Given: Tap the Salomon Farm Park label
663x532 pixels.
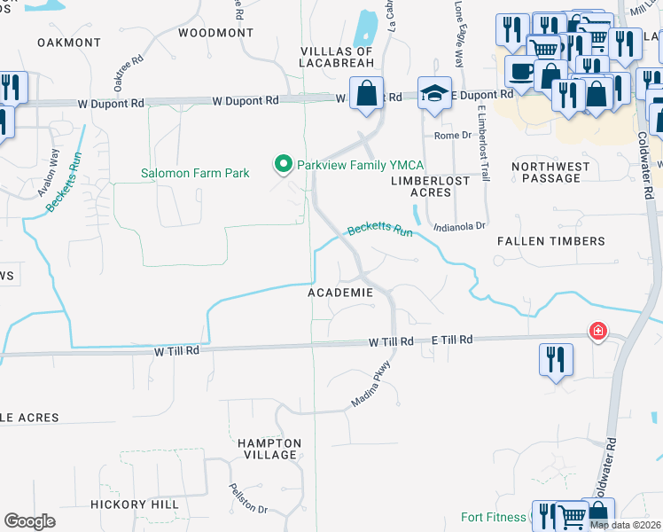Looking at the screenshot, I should point(195,173).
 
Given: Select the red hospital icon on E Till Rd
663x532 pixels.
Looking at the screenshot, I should point(598,331).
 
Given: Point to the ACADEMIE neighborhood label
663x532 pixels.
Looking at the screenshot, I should point(340,292).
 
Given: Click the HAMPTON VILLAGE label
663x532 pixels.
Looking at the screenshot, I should point(269,449).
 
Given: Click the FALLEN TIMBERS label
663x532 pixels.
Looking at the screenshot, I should point(550,241).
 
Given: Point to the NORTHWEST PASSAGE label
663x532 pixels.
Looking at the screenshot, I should point(551,172).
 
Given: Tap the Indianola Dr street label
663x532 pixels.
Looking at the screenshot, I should point(460,227).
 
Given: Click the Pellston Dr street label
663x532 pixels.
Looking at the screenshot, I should point(248,497).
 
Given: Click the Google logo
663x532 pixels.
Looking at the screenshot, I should point(29,520).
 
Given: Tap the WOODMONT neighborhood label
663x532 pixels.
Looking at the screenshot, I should point(215,33).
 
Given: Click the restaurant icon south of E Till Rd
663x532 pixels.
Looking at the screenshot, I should point(556,359).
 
